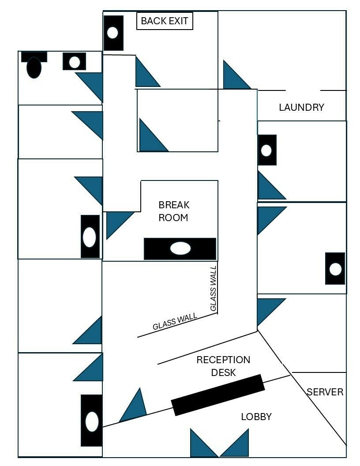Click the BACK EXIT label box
tap(165, 21)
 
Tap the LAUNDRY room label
tap(301, 107)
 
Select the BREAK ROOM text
tap(174, 211)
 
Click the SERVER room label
tap(325, 392)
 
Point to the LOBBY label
tap(256, 417)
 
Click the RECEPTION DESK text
tap(223, 366)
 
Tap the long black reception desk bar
tap(218, 395)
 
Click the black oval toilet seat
tap(34, 68)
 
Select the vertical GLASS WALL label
tap(213, 288)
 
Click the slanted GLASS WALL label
tap(175, 321)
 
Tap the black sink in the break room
tap(180, 249)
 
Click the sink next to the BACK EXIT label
tap(113, 33)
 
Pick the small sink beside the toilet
tap(74, 61)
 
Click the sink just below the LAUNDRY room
tap(267, 150)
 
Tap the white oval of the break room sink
tap(180, 248)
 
